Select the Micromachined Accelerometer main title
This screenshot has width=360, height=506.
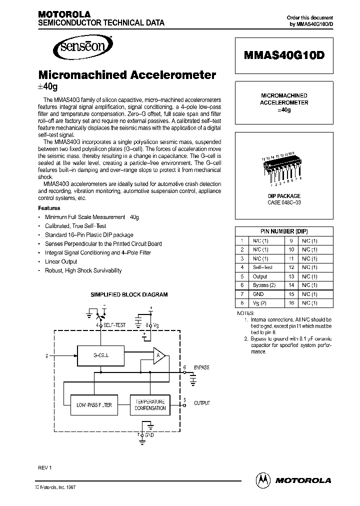coord(127,75)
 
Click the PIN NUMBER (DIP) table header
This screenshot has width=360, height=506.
coord(284,231)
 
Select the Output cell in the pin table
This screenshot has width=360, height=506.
coord(260,276)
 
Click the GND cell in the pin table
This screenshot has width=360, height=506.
coord(258,294)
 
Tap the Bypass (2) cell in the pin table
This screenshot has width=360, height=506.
coord(264,285)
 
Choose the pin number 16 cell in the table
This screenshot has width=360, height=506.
coord(290,303)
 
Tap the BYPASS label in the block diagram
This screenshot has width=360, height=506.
coord(201,367)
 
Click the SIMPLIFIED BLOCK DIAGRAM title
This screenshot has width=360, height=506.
coord(128,295)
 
